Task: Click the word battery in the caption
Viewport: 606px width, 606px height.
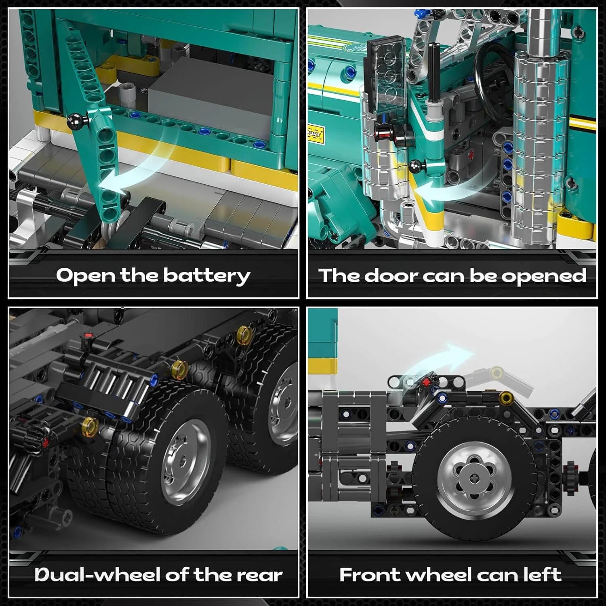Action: pos(206,276)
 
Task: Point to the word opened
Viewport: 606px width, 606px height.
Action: pos(543,276)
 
